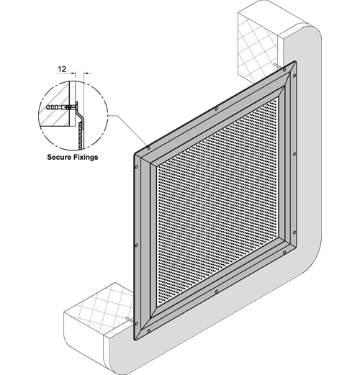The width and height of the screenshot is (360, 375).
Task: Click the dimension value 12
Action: pos(62,69)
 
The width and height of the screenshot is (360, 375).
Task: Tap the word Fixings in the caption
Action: pos(86,158)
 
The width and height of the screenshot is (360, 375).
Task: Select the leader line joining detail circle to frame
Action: pos(127,131)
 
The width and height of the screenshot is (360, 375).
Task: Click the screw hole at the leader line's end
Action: pos(148,148)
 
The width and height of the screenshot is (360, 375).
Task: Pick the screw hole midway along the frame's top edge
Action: pos(217,109)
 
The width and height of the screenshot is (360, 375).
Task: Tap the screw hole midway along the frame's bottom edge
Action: pos(217,292)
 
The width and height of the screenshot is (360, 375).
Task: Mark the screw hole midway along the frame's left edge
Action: pos(137,245)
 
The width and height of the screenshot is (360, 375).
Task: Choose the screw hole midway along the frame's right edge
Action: pos(294,154)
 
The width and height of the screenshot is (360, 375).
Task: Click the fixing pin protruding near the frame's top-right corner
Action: pos(278,65)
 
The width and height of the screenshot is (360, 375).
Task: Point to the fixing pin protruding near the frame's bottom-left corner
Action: pos(130,319)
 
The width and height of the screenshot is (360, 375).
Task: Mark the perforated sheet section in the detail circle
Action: pos(81,135)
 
